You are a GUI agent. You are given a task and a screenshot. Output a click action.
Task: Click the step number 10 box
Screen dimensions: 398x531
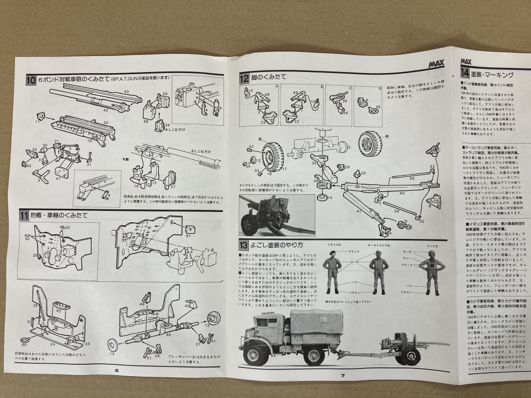(x=31, y=80)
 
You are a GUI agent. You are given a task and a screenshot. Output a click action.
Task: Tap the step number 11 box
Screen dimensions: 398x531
(x=24, y=215)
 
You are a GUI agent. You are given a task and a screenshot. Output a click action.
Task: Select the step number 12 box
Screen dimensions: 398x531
(x=244, y=79)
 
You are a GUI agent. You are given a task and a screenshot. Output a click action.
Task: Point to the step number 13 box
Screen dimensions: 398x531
(x=244, y=245)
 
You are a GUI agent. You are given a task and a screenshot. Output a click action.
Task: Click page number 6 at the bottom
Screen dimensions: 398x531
(x=117, y=370)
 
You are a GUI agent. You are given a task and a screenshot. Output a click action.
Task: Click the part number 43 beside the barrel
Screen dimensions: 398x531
(x=125, y=91)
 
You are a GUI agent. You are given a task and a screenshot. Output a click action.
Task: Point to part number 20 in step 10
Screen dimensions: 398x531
(x=105, y=123)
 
